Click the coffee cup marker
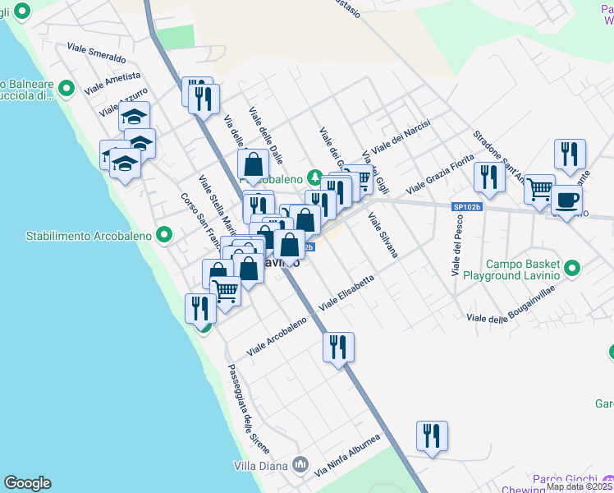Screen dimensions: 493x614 pos(565,199)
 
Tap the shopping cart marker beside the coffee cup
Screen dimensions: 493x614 pos(540,190)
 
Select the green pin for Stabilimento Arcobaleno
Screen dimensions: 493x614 pos(164,236)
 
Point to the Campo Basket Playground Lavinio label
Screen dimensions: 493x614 pos(521,270)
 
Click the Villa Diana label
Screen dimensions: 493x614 pos(259,465)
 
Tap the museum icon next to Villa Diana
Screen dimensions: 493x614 pos(300,465)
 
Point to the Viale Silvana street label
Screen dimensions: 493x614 pos(383,235)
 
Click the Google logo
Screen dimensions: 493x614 pos(27,483)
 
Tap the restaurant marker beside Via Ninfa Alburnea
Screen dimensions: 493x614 pos(431,435)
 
